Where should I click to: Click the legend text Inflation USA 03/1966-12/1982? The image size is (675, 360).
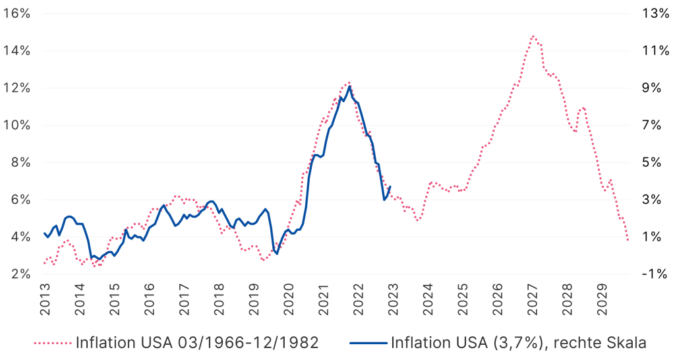pyautogui.click(x=198, y=343)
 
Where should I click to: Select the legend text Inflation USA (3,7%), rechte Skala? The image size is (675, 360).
pyautogui.click(x=517, y=343)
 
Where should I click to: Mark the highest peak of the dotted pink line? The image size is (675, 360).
pyautogui.click(x=533, y=36)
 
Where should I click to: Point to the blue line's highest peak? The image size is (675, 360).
pyautogui.click(x=349, y=86)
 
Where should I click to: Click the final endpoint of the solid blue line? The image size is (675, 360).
pyautogui.click(x=390, y=187)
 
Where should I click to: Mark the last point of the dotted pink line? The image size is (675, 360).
pyautogui.click(x=628, y=240)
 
